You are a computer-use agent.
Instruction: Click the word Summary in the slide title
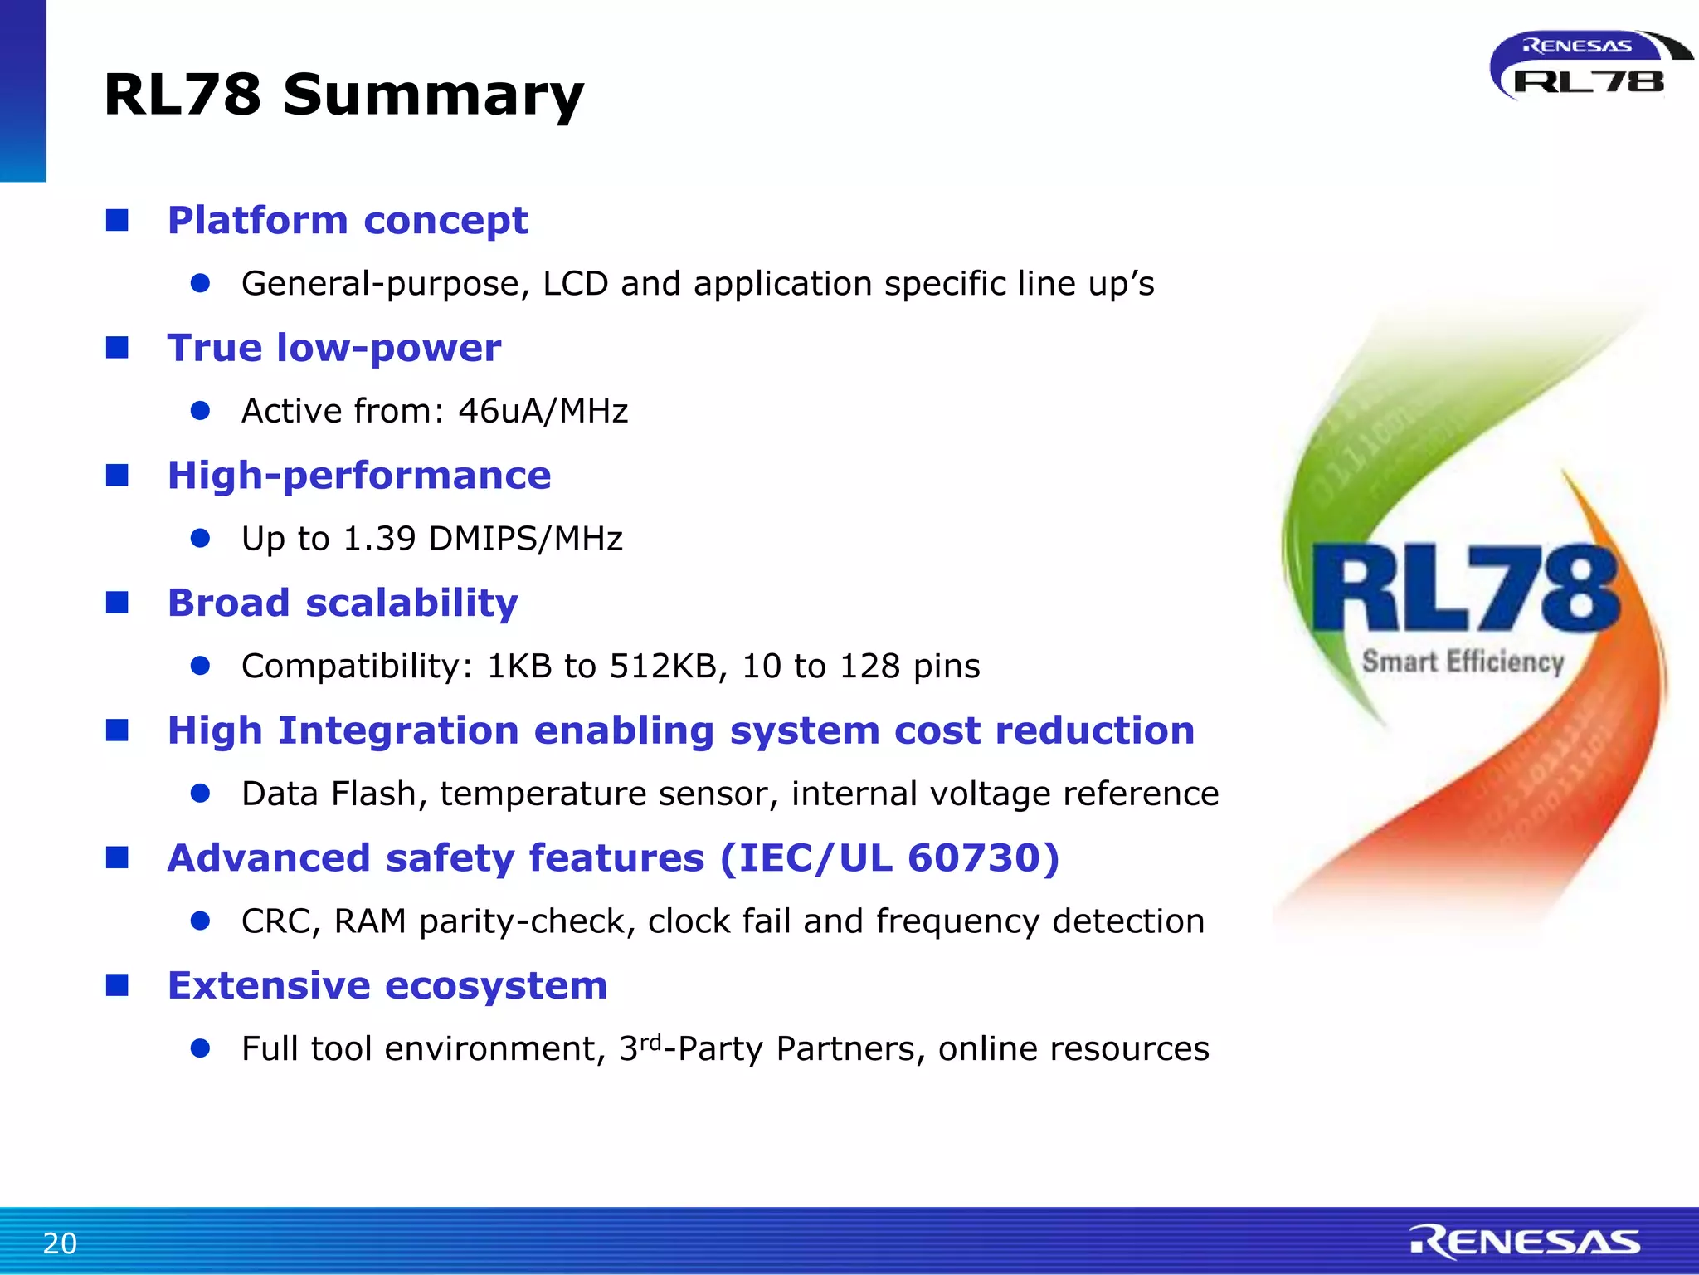click(x=433, y=95)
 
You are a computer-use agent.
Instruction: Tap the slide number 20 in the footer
click(x=60, y=1243)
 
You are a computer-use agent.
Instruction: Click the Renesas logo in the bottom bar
click(x=1525, y=1242)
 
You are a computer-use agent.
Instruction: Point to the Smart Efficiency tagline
click(x=1463, y=662)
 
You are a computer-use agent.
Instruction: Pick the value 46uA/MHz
click(x=543, y=411)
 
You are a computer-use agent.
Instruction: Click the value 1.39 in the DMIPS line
click(x=379, y=539)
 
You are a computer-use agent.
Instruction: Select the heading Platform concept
click(x=347, y=221)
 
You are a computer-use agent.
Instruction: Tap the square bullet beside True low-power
click(x=117, y=347)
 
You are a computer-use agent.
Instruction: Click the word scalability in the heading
click(x=411, y=603)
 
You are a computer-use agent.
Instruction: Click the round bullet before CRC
click(x=200, y=921)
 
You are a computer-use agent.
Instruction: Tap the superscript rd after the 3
click(x=650, y=1041)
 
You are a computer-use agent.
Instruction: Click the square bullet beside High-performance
click(x=117, y=475)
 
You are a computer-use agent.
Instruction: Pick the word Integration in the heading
click(x=398, y=730)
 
